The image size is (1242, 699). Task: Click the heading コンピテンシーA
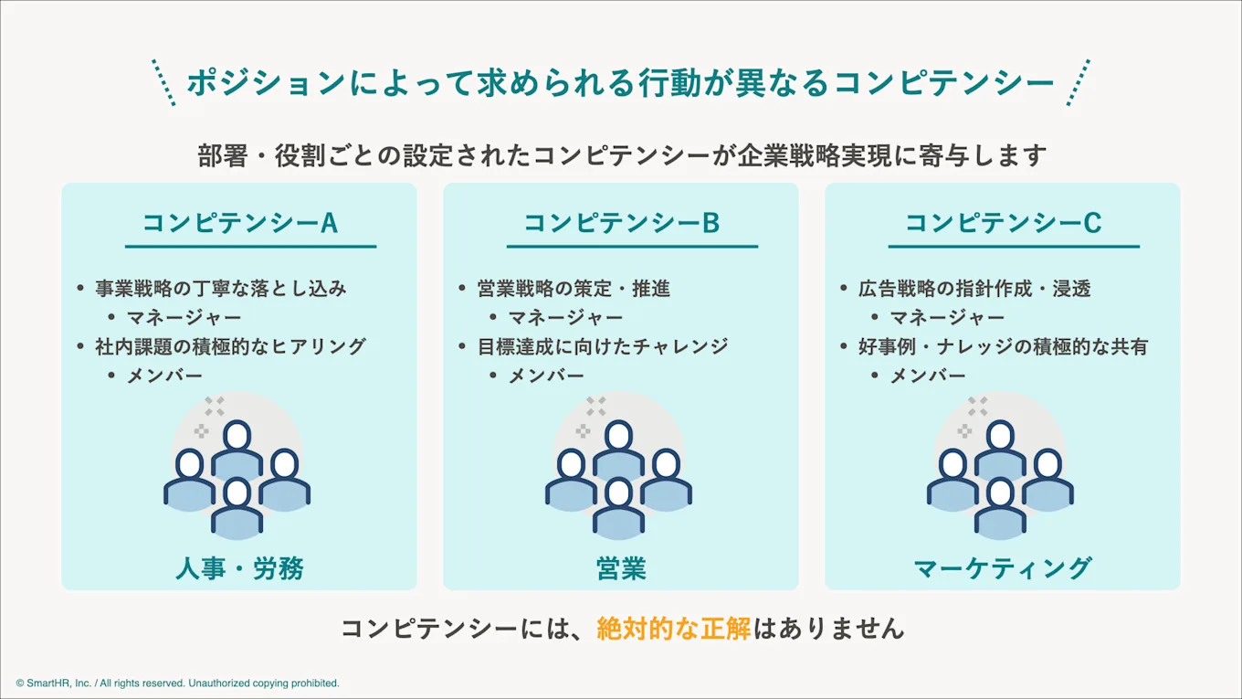click(239, 223)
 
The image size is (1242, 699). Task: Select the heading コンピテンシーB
click(621, 223)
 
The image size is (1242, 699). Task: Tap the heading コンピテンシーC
click(1003, 223)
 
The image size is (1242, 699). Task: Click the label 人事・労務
click(239, 568)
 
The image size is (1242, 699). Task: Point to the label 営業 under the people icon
click(621, 568)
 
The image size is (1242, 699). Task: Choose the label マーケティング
click(1003, 568)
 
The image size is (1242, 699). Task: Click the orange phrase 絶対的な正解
click(674, 629)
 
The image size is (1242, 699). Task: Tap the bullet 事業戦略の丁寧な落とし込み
click(221, 289)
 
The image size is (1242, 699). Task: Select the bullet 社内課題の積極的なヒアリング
click(230, 346)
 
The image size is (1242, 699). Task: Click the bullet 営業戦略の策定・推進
click(574, 289)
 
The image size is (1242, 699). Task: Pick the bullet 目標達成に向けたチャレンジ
click(603, 346)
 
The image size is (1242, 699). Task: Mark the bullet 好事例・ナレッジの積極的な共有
click(1003, 346)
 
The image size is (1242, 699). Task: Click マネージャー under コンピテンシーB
click(565, 318)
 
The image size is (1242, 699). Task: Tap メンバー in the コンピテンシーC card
click(928, 376)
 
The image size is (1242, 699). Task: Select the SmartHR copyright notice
click(177, 683)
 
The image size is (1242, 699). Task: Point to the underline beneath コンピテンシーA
click(250, 247)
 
